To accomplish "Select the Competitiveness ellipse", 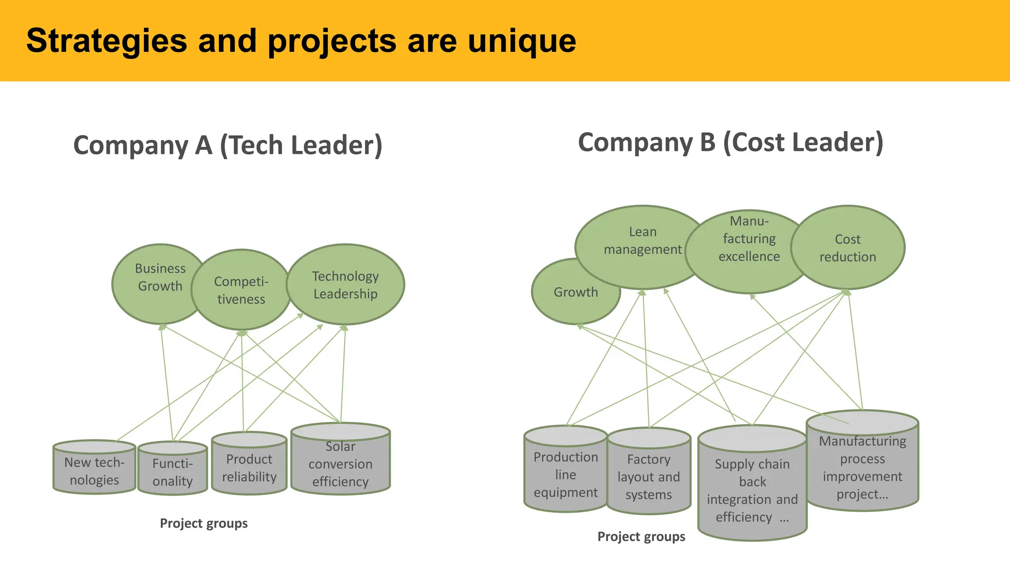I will pos(241,290).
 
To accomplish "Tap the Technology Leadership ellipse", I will pos(345,285).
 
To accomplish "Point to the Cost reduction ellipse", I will pos(848,248).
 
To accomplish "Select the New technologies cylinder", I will pos(94,471).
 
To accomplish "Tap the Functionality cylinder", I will pos(173,472).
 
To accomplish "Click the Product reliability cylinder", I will pos(249,467).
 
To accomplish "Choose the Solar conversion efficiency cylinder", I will pos(340,463).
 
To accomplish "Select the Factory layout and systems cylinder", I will pos(649,476).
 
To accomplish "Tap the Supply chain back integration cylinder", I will pos(752,491).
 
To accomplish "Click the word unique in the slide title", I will pos(522,41).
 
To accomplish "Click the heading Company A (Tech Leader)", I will pos(228,145).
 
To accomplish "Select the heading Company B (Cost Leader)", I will pos(730,142).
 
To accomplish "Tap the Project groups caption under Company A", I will pos(204,523).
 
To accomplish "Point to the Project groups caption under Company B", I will pos(641,536).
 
